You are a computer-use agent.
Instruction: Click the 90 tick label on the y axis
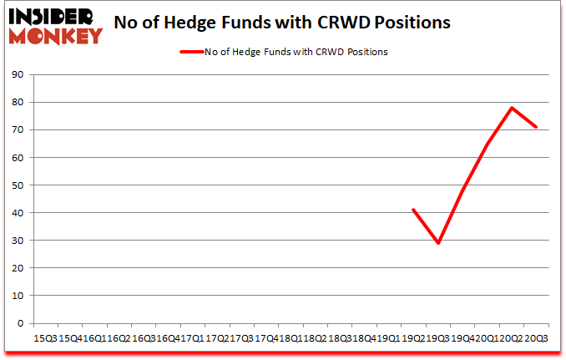(18, 74)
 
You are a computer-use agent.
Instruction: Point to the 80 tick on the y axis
(18, 102)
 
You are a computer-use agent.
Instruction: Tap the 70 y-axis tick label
(18, 129)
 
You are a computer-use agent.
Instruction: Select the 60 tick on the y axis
(18, 157)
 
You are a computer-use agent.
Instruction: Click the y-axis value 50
(18, 185)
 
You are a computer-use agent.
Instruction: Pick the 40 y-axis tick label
(18, 212)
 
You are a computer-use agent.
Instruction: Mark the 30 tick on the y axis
(18, 240)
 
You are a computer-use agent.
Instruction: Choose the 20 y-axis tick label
(18, 267)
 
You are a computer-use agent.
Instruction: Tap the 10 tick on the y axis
(18, 295)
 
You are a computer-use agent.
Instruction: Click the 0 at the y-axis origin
(20, 323)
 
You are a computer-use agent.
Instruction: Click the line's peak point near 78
(511, 108)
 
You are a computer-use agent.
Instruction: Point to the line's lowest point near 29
(438, 243)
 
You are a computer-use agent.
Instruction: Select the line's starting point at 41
(413, 210)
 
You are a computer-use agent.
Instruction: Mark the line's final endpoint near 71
(536, 127)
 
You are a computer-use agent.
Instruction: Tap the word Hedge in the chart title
(220, 23)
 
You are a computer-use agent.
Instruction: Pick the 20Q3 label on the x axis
(536, 338)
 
